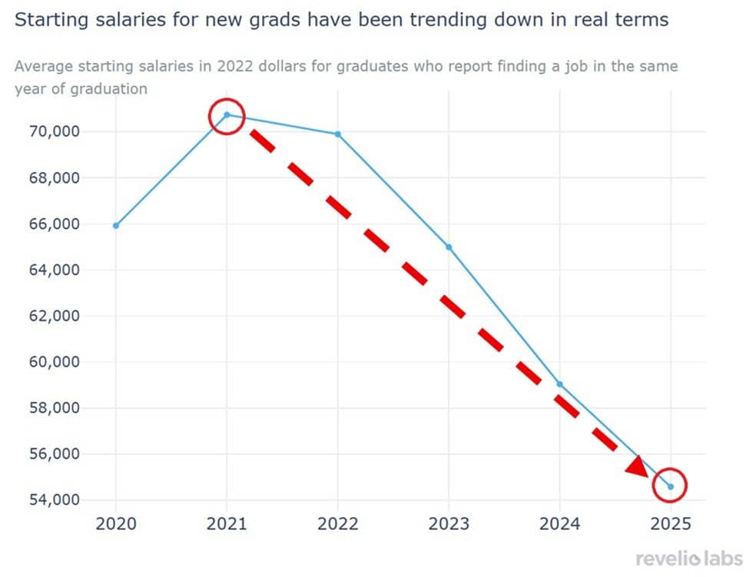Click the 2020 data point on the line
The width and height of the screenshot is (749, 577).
click(116, 225)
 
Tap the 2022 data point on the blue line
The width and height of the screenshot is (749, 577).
click(338, 134)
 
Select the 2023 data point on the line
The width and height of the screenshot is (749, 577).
click(449, 247)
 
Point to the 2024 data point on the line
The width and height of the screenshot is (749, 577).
click(559, 384)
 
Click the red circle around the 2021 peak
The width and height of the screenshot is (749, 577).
click(227, 116)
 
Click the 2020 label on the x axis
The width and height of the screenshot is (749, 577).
click(116, 524)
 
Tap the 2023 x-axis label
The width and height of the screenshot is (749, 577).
click(449, 524)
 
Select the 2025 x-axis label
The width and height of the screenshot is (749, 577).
click(670, 524)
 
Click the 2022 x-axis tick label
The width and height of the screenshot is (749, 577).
click(338, 524)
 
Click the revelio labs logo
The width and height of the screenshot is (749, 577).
click(689, 559)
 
